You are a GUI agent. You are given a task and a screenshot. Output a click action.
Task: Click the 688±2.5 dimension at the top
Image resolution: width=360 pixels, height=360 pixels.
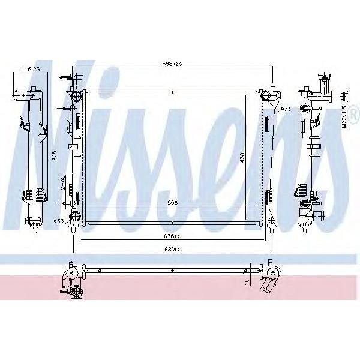pyautogui.click(x=173, y=64)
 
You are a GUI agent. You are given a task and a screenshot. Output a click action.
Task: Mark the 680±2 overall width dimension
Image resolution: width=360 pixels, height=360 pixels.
pyautogui.click(x=172, y=249)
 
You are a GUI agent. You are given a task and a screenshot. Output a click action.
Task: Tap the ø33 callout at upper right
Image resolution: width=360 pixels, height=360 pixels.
pyautogui.click(x=286, y=109)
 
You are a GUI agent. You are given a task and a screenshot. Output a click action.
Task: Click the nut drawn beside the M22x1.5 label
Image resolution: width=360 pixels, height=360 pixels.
pyautogui.click(x=346, y=96)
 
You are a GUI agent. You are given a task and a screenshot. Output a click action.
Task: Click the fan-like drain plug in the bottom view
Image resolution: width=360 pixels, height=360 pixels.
pyautogui.click(x=76, y=293)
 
